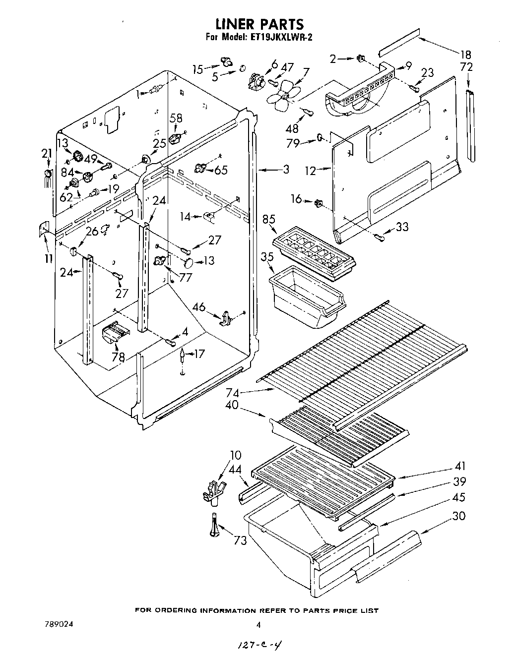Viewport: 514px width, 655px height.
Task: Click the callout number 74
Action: click(x=232, y=393)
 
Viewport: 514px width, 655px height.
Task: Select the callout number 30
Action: click(x=459, y=516)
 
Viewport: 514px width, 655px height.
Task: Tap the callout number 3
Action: click(x=286, y=169)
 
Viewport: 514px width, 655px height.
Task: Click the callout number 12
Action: click(x=311, y=171)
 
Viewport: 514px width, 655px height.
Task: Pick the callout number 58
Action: click(x=176, y=118)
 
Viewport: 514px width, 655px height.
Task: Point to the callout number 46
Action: click(x=199, y=307)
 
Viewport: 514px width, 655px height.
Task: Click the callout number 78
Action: click(x=118, y=357)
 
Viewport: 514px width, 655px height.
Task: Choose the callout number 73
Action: click(x=240, y=540)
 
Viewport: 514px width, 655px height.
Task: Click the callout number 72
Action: click(x=467, y=67)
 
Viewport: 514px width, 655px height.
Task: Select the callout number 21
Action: click(x=46, y=154)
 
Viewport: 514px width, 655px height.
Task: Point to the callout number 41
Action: click(x=460, y=466)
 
